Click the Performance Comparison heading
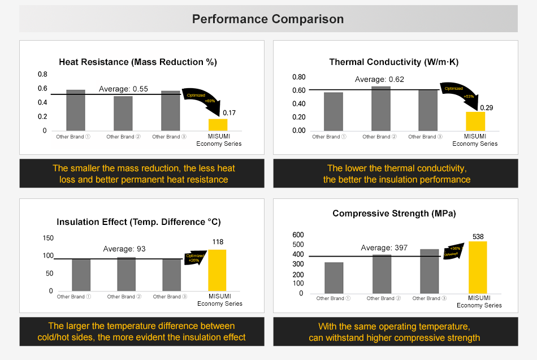coord(268,19)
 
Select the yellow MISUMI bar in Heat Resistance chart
coord(218,124)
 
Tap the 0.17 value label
coord(229,113)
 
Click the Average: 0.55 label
coord(123,89)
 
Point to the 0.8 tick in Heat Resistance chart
coord(43,74)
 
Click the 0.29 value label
coord(487,107)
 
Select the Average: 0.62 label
coord(379,79)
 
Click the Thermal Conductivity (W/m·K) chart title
coord(393,62)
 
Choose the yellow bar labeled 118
coord(218,270)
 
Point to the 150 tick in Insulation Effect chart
coord(48,238)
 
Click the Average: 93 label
coord(124,249)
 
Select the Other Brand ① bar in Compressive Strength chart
coord(334,277)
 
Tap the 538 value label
coord(478,237)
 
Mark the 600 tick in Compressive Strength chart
coord(298,235)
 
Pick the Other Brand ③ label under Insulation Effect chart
coord(167,297)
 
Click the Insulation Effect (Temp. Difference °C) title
coord(138,222)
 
